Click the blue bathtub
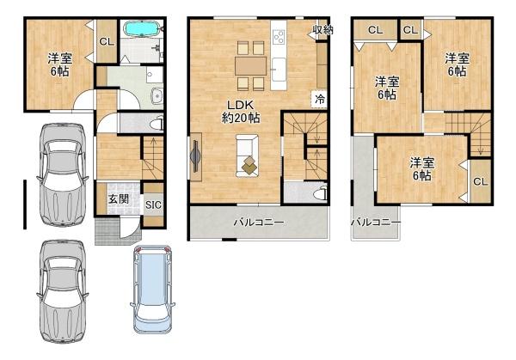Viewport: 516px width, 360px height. point(141,28)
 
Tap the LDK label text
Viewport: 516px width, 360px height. point(241,106)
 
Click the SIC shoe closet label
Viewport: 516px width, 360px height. point(153,204)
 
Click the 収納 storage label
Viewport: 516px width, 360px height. point(322,30)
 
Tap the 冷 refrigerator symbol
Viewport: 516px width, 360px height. point(319,99)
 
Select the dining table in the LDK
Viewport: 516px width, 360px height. point(251,66)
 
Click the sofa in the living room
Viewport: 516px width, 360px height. point(247,156)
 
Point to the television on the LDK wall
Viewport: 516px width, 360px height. point(195,156)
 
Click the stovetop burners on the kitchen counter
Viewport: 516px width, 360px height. point(279,37)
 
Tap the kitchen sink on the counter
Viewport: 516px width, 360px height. point(279,70)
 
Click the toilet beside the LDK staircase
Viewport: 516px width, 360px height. point(320,193)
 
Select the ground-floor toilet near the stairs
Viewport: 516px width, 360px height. point(157,124)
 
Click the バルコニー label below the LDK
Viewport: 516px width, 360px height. point(259,223)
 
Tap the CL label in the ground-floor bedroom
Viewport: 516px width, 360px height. point(107,42)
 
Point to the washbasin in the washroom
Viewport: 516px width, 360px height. point(157,95)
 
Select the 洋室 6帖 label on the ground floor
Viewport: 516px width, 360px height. point(60,64)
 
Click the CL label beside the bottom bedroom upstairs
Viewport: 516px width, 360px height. point(480,181)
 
